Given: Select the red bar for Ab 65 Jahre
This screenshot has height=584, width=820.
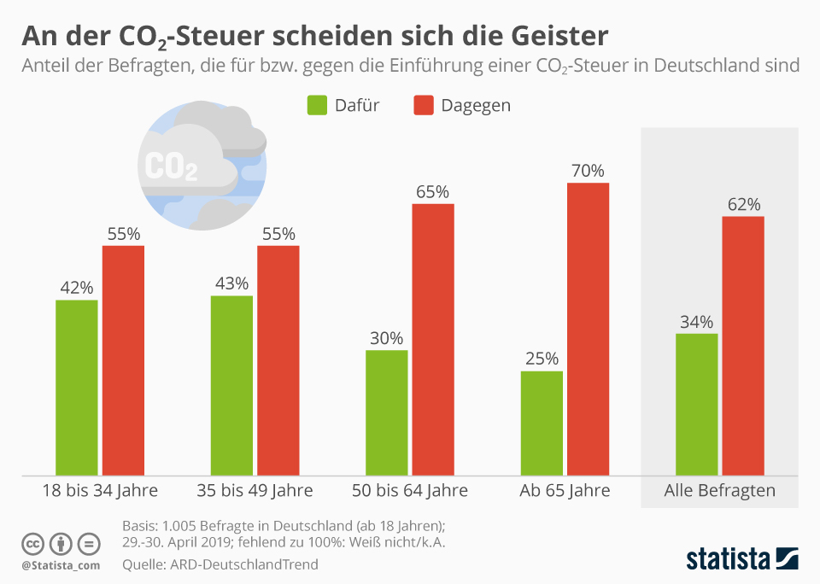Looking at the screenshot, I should (588, 329).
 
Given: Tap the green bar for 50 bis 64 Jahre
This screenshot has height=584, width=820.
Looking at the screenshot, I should (386, 412).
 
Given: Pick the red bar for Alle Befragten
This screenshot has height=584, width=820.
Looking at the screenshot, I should (743, 345).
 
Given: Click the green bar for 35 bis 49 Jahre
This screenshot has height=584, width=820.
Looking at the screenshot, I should (231, 385).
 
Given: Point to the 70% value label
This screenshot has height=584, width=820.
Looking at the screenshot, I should (588, 171).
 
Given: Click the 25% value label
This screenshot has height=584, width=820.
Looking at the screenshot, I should (542, 359).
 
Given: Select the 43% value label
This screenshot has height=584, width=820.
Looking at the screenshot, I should (231, 283).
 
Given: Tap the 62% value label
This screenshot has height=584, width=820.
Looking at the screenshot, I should (743, 205).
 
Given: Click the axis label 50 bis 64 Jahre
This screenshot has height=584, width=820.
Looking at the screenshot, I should (410, 491).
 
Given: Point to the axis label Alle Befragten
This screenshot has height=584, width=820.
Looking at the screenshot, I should (719, 491).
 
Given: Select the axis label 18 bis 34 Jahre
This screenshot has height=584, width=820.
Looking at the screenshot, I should (100, 491).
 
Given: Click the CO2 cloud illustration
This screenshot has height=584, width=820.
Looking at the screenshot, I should (202, 166).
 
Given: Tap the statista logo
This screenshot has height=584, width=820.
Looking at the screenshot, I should (741, 559).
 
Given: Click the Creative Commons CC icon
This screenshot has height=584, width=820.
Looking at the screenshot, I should (32, 544).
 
